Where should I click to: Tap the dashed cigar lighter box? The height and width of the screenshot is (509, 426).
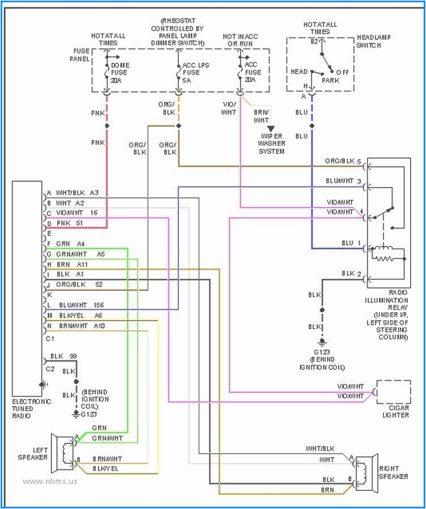393,392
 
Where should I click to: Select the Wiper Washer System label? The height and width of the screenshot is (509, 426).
272,144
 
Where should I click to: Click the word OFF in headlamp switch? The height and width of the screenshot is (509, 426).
342,72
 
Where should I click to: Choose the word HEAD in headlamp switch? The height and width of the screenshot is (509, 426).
299,72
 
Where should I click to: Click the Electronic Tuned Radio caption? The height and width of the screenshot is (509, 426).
31,408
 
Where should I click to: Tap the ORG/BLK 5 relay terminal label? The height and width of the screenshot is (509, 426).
343,161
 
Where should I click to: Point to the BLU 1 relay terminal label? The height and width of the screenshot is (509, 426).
351,243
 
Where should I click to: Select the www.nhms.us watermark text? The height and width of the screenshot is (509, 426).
50,481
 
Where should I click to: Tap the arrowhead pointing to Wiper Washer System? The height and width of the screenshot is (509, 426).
271,130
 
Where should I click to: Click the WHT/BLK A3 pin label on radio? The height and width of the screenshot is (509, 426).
77,193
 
